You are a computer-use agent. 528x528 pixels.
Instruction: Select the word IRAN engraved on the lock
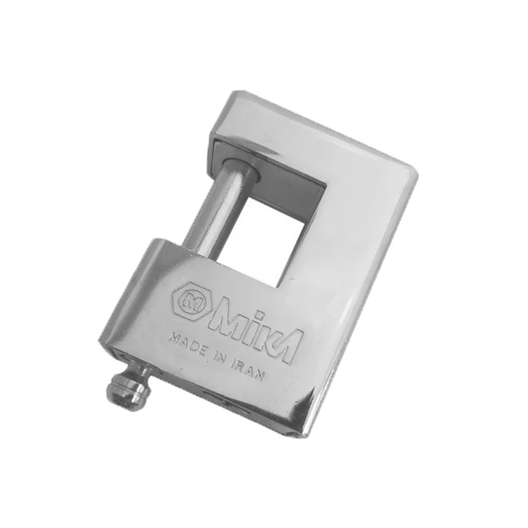(248, 370)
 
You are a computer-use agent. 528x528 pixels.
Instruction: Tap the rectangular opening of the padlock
(267, 238)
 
